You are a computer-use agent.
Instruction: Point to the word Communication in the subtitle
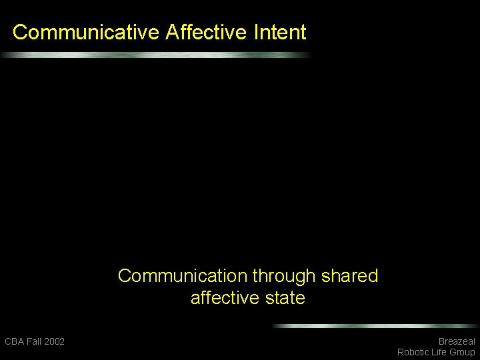click(x=183, y=276)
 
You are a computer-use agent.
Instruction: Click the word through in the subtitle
click(x=285, y=276)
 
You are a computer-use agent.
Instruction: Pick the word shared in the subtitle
click(x=349, y=276)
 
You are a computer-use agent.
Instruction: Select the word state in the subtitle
click(x=287, y=298)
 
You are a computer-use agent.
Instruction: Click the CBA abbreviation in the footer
click(x=14, y=341)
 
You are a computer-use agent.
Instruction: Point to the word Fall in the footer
click(x=34, y=341)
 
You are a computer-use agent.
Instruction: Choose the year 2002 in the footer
click(x=55, y=341)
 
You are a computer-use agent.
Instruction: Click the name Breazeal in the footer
click(x=457, y=341)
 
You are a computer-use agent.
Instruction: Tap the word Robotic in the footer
click(x=414, y=352)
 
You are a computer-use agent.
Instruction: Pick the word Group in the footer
click(x=463, y=352)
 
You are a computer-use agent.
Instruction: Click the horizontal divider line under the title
click(x=157, y=55)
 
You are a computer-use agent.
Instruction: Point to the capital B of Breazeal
click(x=441, y=341)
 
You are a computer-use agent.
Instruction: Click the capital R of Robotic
click(x=400, y=352)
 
